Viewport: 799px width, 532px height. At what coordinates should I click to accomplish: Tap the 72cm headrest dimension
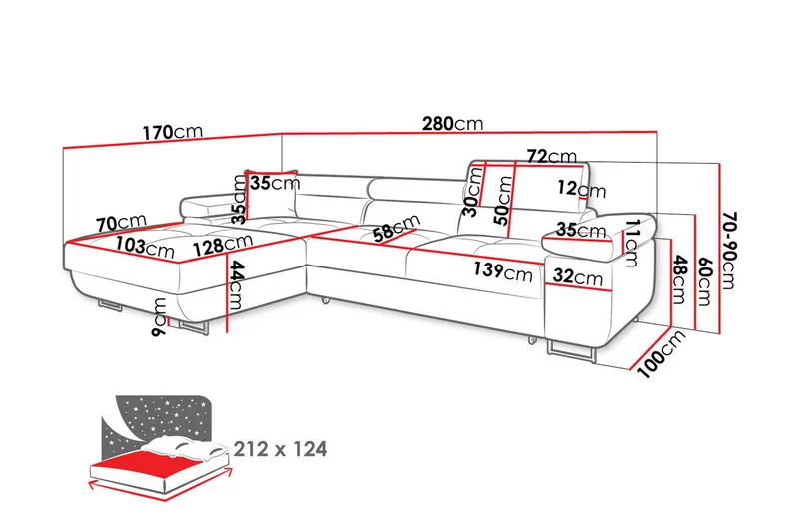coord(551,156)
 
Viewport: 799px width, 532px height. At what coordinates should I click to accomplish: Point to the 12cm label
coord(582,188)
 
